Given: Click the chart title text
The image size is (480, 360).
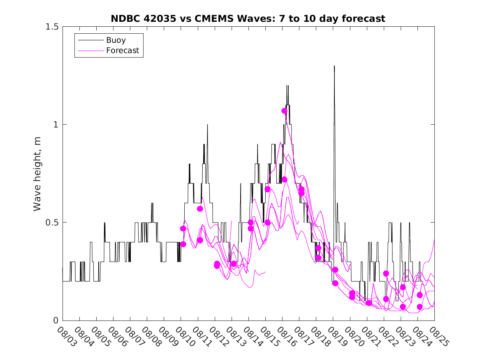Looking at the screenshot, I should click(x=248, y=19).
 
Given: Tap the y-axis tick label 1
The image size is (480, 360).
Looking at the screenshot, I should click(x=56, y=124).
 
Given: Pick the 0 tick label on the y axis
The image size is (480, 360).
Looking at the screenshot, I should click(x=56, y=320).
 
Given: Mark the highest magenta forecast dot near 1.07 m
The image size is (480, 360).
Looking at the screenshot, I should click(x=284, y=111).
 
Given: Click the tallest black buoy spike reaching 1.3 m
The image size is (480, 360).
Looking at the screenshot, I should click(x=334, y=66).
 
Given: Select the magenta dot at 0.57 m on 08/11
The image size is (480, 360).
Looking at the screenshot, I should click(x=200, y=209).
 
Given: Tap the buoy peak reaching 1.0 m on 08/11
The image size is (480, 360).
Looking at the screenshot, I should click(x=207, y=125).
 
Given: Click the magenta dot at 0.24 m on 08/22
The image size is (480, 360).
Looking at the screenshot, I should click(x=386, y=274).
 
